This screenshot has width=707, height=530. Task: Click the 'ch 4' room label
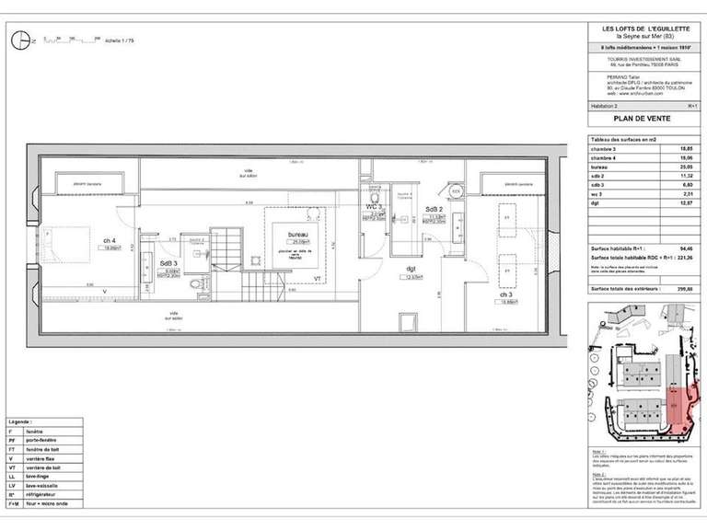click(x=109, y=242)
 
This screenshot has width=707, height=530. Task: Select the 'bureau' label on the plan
click(x=296, y=235)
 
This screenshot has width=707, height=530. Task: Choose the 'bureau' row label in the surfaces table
click(x=601, y=166)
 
